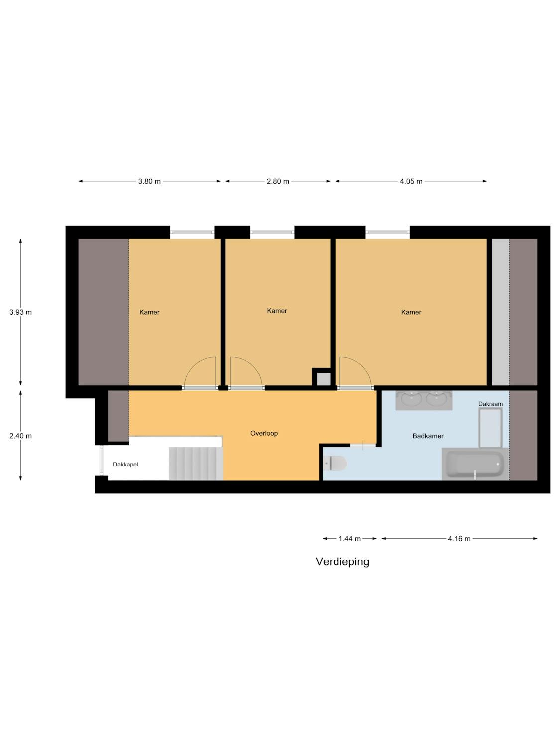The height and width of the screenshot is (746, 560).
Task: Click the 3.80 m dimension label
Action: [x=149, y=181]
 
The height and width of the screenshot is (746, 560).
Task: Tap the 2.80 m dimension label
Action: [x=278, y=181]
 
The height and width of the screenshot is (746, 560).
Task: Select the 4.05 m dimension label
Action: [x=411, y=181]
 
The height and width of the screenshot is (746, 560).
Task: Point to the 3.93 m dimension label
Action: [x=21, y=312]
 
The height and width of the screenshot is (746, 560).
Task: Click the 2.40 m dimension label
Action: [x=21, y=436]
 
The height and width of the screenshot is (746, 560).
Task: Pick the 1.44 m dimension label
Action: [x=349, y=538]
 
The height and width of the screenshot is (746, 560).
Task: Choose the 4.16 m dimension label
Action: [x=459, y=538]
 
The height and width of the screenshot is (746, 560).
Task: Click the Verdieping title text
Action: [x=342, y=562]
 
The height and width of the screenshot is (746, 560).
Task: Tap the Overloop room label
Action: [x=264, y=433]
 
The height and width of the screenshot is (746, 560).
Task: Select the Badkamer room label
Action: [x=428, y=436]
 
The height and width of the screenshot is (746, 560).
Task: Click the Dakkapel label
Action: [x=125, y=464]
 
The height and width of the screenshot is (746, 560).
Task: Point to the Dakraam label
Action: [x=490, y=404]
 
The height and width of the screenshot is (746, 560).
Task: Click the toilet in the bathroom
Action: [x=335, y=463]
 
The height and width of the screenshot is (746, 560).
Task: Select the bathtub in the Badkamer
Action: [x=475, y=464]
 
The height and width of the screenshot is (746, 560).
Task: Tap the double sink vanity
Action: [x=424, y=400]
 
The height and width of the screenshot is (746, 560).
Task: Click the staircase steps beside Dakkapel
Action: [x=196, y=464]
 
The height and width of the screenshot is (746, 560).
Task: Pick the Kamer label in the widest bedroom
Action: [x=411, y=312]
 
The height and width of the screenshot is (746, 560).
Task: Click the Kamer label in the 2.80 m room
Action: [x=277, y=311]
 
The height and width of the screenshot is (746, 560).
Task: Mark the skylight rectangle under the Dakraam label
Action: [x=490, y=428]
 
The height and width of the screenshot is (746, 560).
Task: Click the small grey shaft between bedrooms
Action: [x=324, y=379]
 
